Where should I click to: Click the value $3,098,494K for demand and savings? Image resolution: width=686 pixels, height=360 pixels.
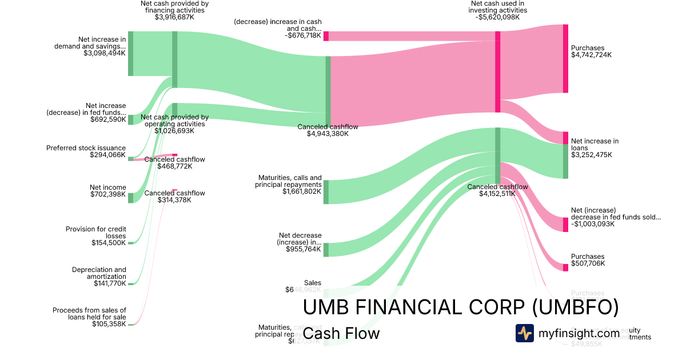pos(104,54)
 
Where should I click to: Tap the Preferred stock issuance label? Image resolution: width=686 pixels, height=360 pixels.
pos(86,148)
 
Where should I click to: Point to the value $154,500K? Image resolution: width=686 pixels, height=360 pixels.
pos(109,243)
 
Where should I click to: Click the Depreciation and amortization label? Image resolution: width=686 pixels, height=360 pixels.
pos(99,273)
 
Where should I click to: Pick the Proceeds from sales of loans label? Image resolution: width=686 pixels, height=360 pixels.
pos(89,314)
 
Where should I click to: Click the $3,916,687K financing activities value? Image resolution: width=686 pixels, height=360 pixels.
pos(174,18)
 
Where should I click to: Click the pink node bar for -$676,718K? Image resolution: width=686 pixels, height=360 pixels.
pos(326,36)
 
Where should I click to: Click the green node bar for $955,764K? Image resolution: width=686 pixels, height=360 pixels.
pos(326,250)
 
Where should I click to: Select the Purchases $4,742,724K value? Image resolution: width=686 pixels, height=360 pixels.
pos(591,55)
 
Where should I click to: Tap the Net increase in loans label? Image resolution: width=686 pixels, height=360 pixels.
pos(595,144)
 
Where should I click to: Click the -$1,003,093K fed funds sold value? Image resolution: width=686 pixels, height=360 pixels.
pos(592,224)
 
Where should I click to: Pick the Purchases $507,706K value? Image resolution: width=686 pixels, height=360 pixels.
pos(588,264)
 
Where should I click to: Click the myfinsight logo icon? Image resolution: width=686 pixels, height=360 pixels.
pos(524,333)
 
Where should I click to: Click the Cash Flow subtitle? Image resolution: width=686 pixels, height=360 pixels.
pos(341,334)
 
